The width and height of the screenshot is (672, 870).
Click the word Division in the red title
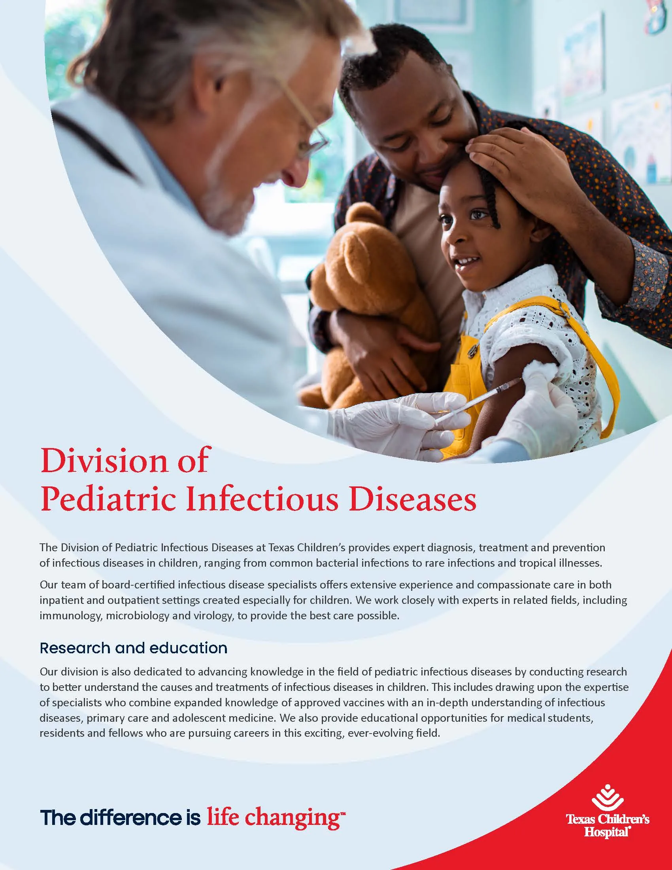click(104, 461)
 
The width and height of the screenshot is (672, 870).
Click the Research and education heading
click(133, 648)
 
